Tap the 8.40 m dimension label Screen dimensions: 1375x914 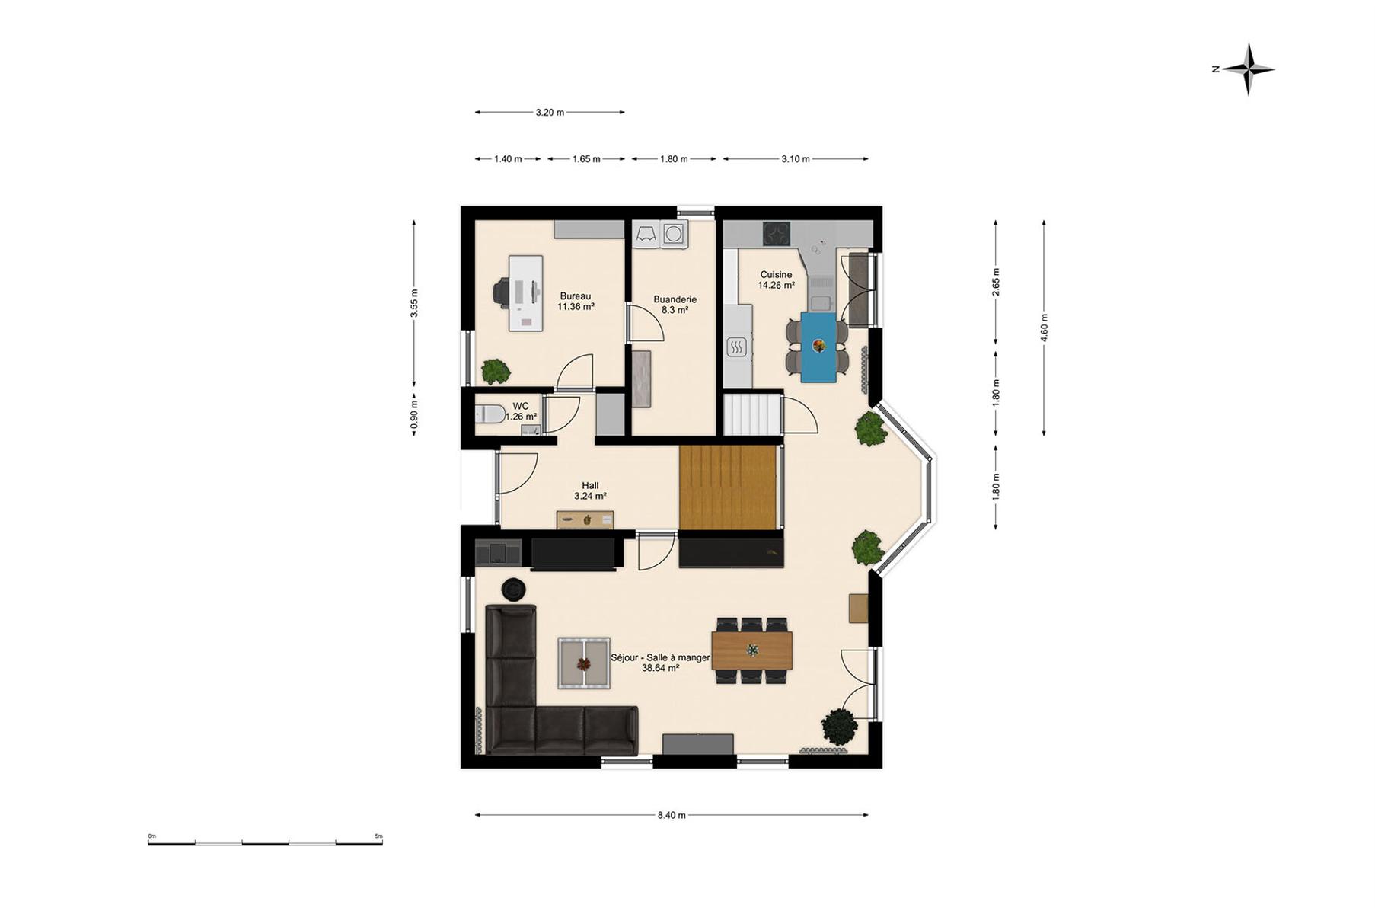(672, 815)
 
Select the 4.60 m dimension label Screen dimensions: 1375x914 (1045, 328)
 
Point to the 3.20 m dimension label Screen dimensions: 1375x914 (550, 112)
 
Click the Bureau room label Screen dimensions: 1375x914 (576, 296)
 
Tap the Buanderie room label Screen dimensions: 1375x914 (675, 299)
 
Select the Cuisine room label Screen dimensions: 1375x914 (776, 275)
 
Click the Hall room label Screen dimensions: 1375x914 (590, 485)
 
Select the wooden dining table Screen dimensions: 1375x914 (751, 650)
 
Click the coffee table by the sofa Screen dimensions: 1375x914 (584, 663)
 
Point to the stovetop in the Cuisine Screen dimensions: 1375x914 (777, 234)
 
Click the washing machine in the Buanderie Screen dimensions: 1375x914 (673, 234)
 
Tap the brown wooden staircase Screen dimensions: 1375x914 (727, 487)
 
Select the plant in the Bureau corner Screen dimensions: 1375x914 (496, 371)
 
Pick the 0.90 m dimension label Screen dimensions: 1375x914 (414, 416)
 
